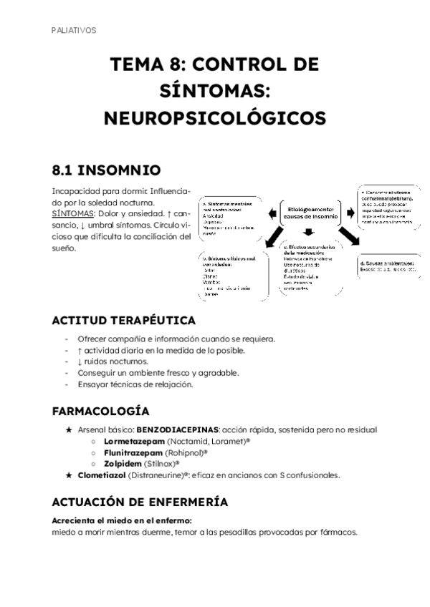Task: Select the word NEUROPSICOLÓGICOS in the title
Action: pyautogui.click(x=215, y=116)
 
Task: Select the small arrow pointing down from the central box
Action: pyautogui.click(x=308, y=232)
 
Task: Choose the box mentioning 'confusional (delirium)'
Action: pyautogui.click(x=387, y=208)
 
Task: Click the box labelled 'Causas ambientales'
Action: pyautogui.click(x=388, y=267)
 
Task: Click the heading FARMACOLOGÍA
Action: pyautogui.click(x=100, y=412)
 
